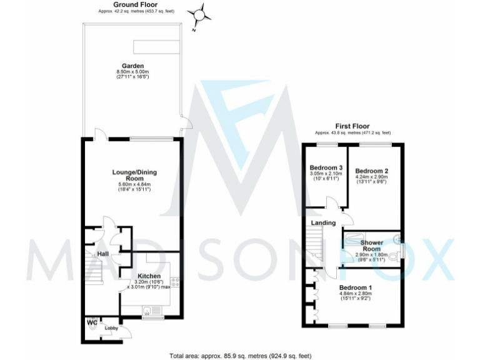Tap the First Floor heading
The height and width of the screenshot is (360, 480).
(x=352, y=125)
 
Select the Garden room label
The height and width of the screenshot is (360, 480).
(x=132, y=66)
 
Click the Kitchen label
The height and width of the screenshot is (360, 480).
(x=149, y=276)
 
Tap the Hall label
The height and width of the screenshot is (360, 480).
(x=102, y=254)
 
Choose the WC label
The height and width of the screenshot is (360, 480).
(x=92, y=322)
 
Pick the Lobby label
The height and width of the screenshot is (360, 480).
(x=111, y=328)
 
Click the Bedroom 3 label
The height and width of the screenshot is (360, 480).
(x=326, y=168)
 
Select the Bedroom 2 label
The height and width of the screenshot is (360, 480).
(x=372, y=171)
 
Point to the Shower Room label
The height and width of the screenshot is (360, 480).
(x=371, y=246)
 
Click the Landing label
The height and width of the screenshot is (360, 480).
(x=323, y=222)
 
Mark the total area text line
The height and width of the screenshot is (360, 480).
(x=240, y=355)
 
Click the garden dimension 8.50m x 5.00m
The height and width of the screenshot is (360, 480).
(x=132, y=72)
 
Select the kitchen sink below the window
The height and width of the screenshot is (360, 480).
(x=152, y=310)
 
